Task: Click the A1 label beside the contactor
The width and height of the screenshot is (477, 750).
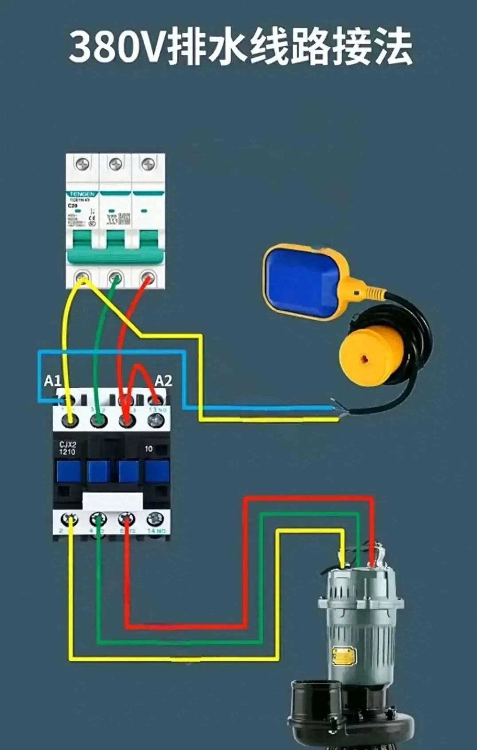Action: [x=52, y=381]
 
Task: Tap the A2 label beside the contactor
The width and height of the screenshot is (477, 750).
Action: [x=163, y=381]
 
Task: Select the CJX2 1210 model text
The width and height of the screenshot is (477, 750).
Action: [x=67, y=448]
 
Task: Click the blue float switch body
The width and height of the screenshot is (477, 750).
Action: [x=301, y=282]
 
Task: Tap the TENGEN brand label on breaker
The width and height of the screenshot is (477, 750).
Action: [x=82, y=194]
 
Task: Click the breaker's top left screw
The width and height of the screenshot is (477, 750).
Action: [x=82, y=165]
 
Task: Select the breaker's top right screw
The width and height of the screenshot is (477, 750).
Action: [x=148, y=165]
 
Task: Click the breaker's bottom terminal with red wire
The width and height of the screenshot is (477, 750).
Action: [x=148, y=278]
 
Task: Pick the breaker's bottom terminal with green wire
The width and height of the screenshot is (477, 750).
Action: [x=115, y=278]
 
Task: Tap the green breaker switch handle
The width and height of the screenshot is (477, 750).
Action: [x=115, y=255]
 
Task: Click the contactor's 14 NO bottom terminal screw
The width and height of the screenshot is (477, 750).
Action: [x=155, y=518]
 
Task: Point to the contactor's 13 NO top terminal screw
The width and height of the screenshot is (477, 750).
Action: [x=156, y=419]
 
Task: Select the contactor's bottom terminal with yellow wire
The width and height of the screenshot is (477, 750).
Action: [x=70, y=519]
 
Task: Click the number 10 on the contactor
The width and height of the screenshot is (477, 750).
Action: [x=149, y=448]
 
